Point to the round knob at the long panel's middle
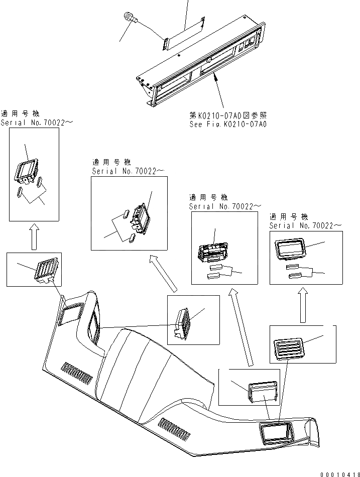[x=208, y=62]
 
